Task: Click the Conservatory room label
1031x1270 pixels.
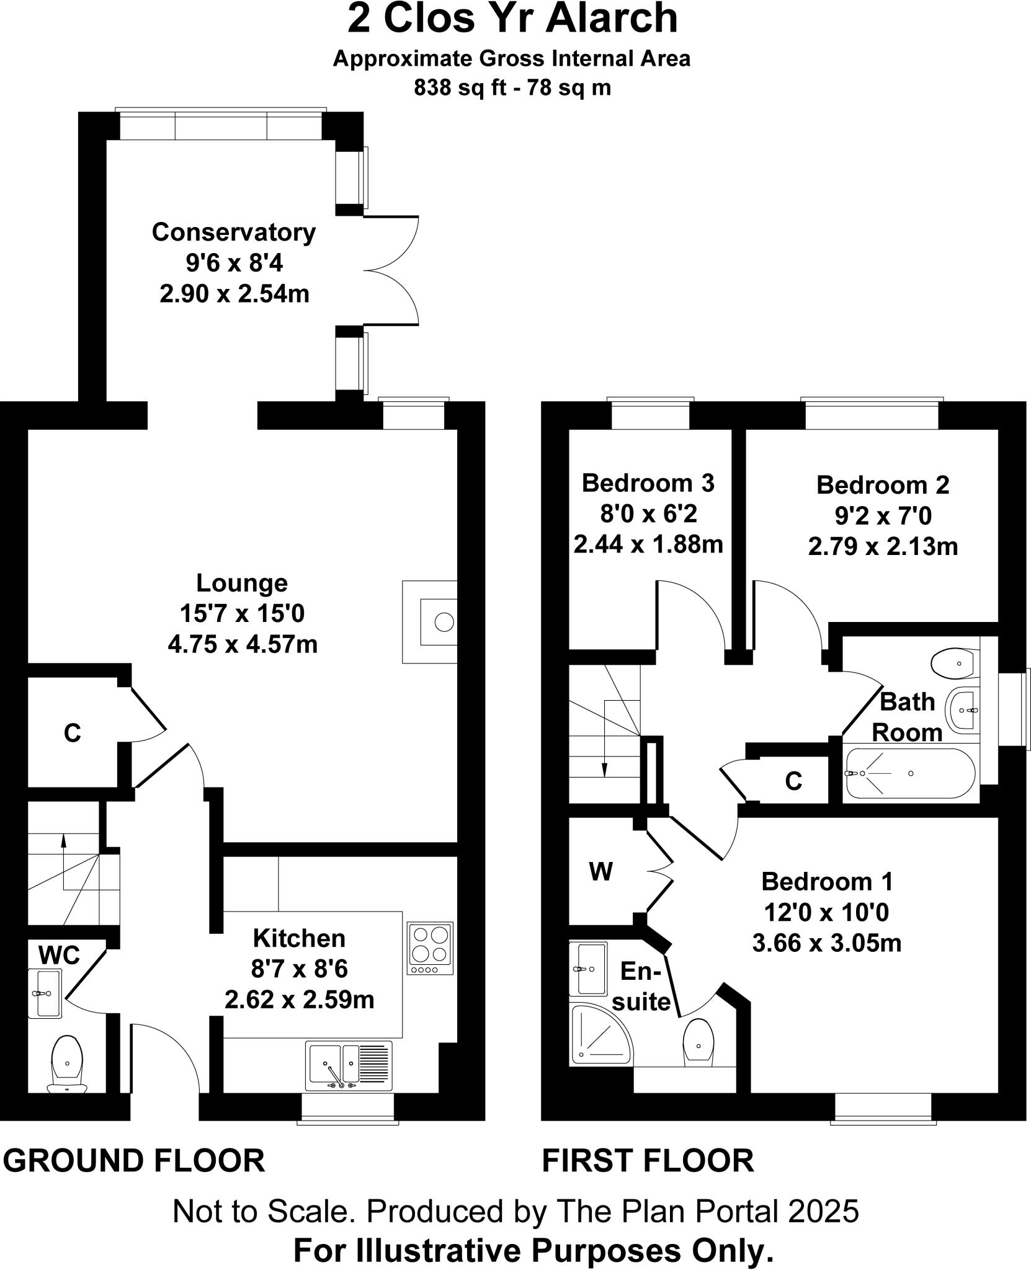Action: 233,233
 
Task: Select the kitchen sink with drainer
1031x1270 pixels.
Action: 349,1065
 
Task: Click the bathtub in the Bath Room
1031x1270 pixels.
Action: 909,773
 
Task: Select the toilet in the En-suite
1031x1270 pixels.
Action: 698,1042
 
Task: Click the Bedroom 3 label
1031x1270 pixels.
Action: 648,483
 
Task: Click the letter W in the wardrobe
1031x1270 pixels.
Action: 600,873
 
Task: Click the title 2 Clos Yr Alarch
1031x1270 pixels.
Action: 512,19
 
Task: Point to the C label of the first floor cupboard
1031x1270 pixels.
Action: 793,781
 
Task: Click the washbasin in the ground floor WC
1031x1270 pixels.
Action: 47,994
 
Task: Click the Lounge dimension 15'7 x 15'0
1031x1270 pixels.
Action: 242,614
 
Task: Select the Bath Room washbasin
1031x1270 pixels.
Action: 962,710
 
